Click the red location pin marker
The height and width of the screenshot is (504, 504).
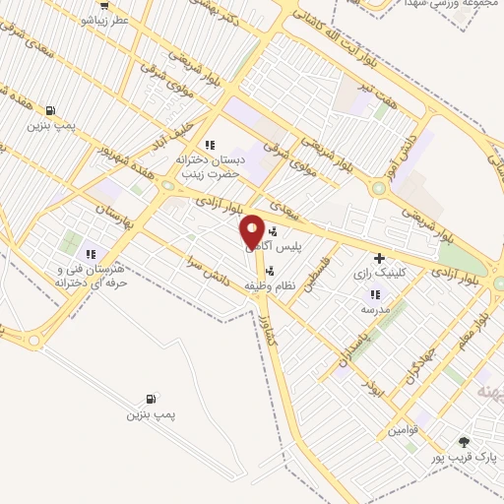tap(252, 232)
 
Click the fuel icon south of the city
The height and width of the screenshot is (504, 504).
tap(150, 399)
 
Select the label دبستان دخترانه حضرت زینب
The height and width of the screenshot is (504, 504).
tap(208, 165)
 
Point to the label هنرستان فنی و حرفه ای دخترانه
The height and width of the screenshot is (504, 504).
tap(91, 276)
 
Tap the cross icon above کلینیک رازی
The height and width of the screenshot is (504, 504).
tap(378, 258)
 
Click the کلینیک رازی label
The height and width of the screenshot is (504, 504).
tap(378, 276)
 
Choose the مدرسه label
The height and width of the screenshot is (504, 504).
tap(375, 308)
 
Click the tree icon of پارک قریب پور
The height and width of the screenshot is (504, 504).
tap(466, 441)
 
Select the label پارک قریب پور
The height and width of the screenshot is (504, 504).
tap(466, 458)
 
